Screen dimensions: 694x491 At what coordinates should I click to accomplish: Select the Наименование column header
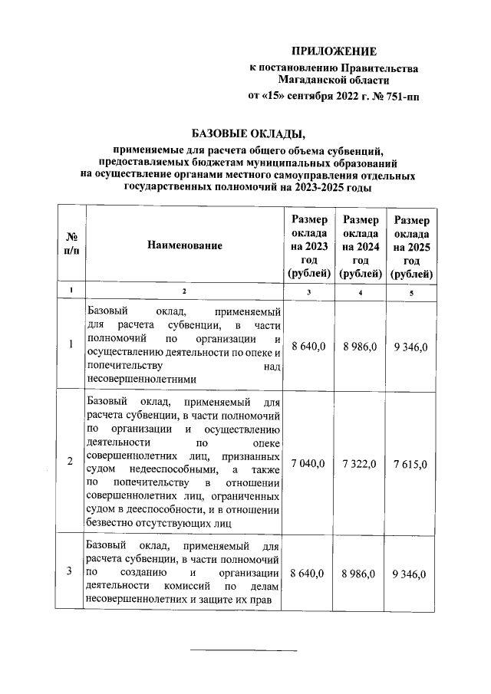pyautogui.click(x=185, y=245)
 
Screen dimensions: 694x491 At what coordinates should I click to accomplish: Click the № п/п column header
pyautogui.click(x=70, y=245)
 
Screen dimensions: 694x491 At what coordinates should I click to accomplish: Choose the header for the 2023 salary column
pyautogui.click(x=309, y=245)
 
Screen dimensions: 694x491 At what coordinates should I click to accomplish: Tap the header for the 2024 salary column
pyautogui.click(x=361, y=245)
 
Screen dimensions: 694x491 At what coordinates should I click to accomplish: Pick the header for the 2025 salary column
pyautogui.click(x=412, y=245)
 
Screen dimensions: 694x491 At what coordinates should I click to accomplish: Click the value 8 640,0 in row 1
pyautogui.click(x=309, y=347)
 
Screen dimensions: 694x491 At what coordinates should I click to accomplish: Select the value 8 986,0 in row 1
pyautogui.click(x=361, y=347)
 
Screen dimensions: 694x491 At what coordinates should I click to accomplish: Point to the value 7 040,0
pyautogui.click(x=309, y=462)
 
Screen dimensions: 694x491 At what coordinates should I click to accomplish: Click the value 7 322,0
pyautogui.click(x=361, y=462)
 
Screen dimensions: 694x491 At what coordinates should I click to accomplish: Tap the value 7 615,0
pyautogui.click(x=412, y=462)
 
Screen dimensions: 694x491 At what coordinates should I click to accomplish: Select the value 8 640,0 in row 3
pyautogui.click(x=309, y=573)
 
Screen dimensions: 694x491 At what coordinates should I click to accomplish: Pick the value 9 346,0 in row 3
pyautogui.click(x=412, y=573)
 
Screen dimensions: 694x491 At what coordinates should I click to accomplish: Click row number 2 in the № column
pyautogui.click(x=70, y=462)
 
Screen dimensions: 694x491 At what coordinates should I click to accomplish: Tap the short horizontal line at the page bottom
pyautogui.click(x=244, y=651)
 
